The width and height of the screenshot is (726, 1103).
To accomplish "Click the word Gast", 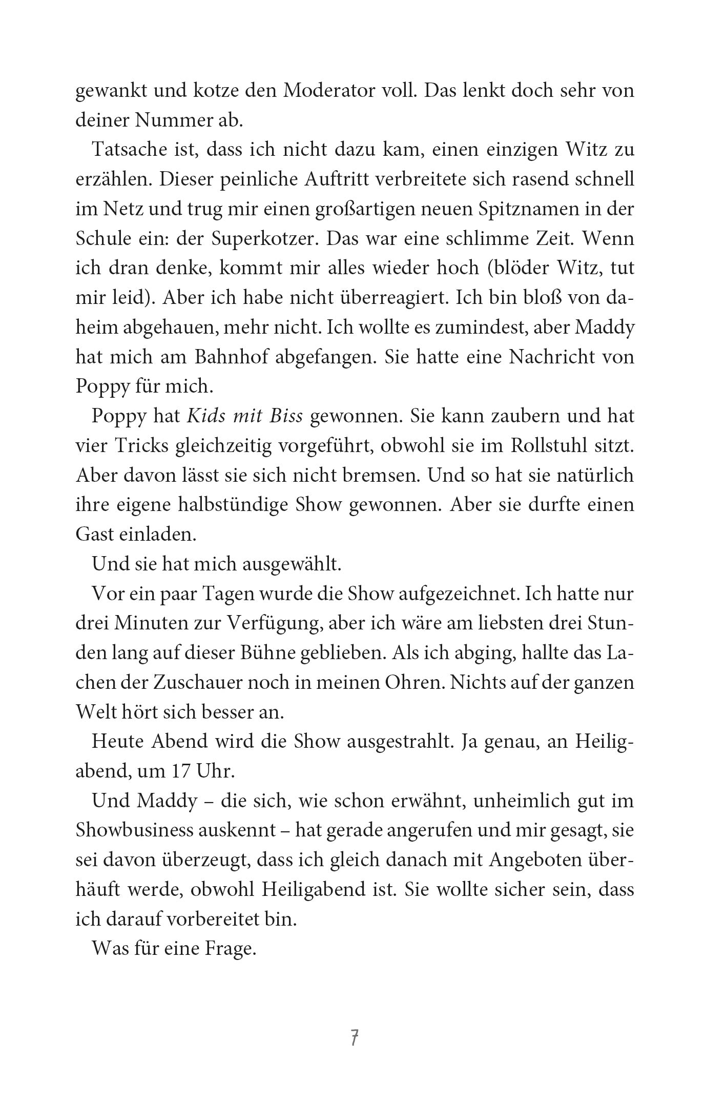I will [94, 535].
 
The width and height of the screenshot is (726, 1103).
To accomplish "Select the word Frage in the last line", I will [231, 950].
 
